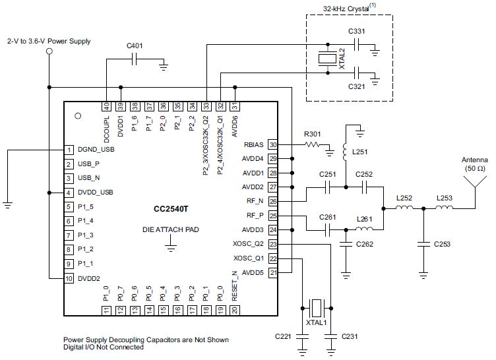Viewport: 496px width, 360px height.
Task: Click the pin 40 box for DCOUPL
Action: (107, 106)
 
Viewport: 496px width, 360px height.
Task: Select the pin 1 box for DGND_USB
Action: (69, 150)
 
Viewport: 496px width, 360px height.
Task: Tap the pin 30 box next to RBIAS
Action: (272, 144)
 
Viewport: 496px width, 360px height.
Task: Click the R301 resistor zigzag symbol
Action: (313, 144)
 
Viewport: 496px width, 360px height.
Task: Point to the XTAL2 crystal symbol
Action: (328, 59)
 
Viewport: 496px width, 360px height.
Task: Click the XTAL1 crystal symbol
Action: (317, 308)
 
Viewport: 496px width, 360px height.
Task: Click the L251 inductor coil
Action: (346, 152)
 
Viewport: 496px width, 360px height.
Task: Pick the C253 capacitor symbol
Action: (423, 244)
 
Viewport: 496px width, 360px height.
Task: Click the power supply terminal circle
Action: (49, 51)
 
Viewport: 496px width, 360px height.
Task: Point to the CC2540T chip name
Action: (170, 209)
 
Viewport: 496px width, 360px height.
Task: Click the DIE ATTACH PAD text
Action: (170, 229)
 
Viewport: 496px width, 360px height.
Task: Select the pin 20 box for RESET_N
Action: (234, 311)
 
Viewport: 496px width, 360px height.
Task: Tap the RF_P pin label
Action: (255, 216)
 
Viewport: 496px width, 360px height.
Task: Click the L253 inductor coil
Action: (444, 208)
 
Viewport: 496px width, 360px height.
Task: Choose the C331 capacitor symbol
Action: (357, 44)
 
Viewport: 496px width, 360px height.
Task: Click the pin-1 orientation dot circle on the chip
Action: (78, 116)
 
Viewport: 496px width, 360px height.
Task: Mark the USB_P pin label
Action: (88, 164)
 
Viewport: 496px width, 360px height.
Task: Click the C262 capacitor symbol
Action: (346, 244)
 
